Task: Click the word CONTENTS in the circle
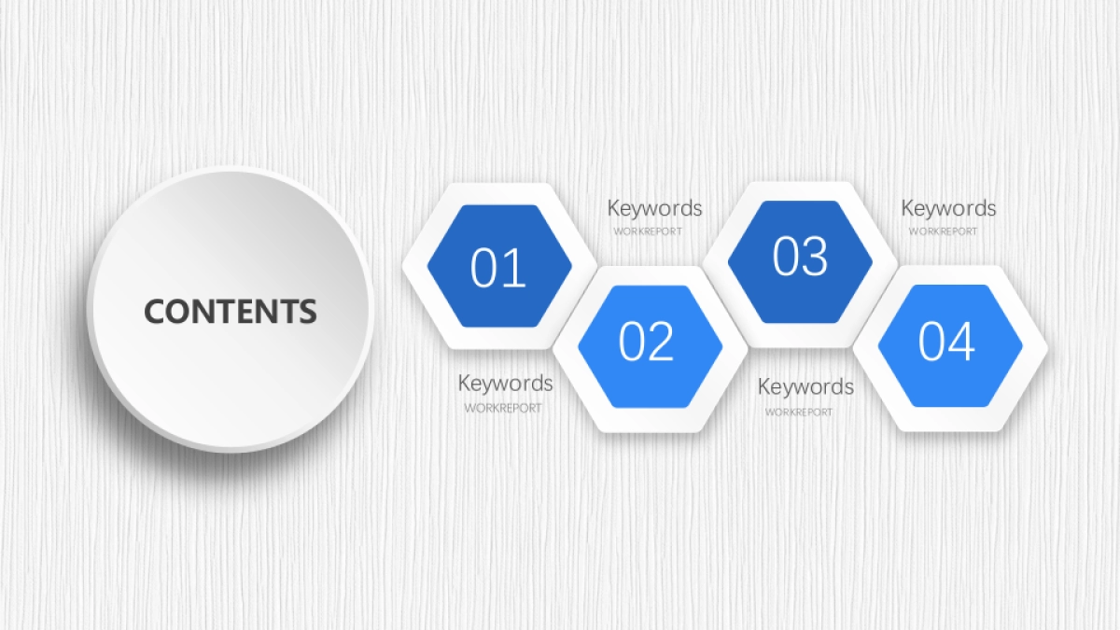[231, 311]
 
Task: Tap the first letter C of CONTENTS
[155, 311]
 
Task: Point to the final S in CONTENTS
[307, 311]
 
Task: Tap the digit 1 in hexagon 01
[513, 268]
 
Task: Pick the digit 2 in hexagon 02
[661, 341]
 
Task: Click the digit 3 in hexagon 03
[814, 256]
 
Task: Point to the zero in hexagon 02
[632, 341]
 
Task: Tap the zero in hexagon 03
[786, 256]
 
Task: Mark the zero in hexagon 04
[931, 341]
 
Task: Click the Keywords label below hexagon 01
[506, 384]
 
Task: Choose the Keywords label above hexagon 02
[654, 208]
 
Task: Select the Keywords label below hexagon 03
[805, 387]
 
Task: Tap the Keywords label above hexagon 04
[948, 208]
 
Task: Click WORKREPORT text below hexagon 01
[503, 409]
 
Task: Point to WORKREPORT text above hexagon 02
[648, 231]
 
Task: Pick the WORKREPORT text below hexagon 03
[799, 413]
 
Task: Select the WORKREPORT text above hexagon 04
[943, 231]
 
